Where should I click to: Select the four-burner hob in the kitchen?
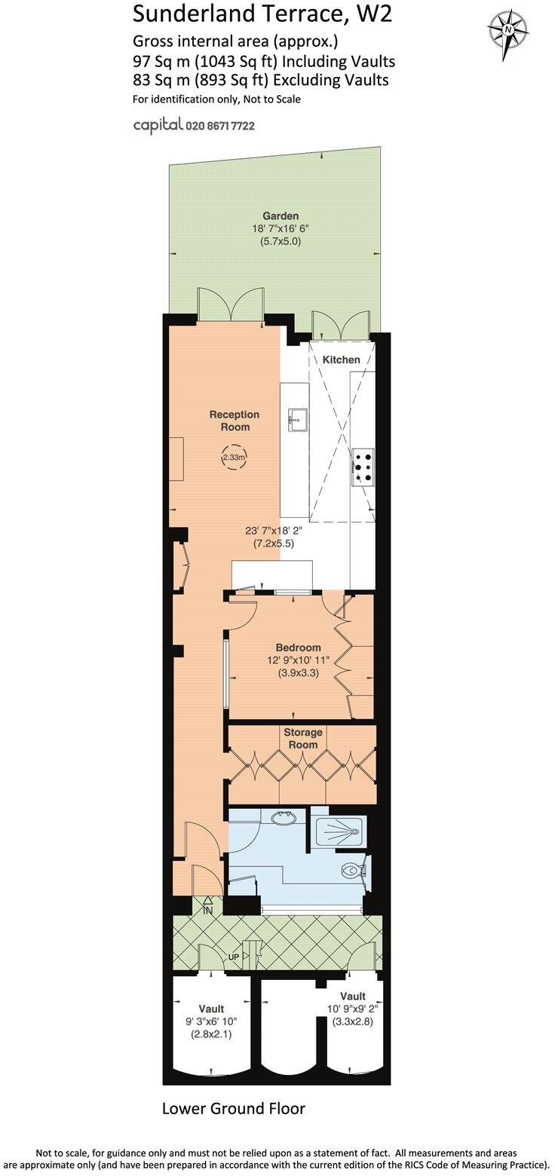[362, 465]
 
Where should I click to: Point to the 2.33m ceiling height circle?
[235, 457]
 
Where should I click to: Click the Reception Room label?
[235, 421]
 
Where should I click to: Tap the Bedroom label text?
[298, 647]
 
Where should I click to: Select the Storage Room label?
[302, 739]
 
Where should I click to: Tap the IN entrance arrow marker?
[207, 905]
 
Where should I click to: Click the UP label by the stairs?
[235, 957]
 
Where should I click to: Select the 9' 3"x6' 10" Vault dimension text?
[211, 1022]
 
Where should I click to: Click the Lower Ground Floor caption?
[234, 1108]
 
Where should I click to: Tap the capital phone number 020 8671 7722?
[219, 126]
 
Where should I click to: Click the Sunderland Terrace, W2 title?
[262, 13]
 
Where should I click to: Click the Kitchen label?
[341, 360]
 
